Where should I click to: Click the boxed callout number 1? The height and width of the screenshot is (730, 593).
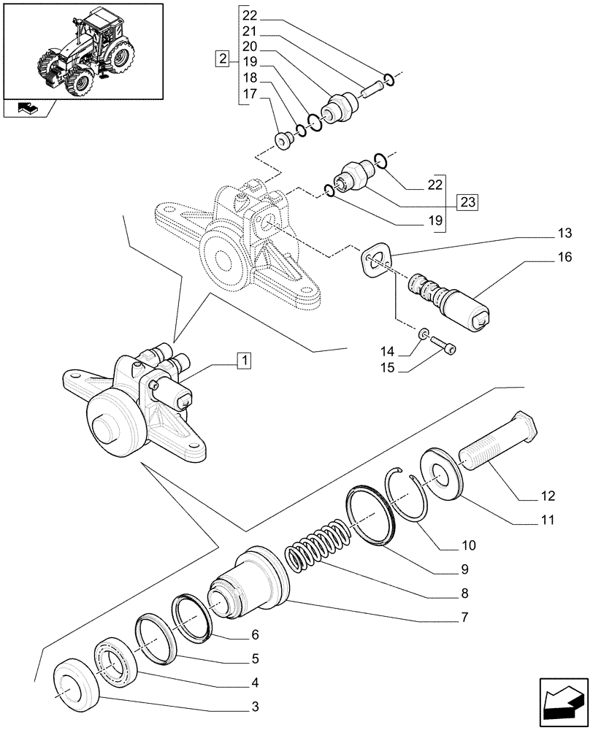coord(243,359)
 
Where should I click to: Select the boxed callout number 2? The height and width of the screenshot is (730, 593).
coord(222,58)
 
